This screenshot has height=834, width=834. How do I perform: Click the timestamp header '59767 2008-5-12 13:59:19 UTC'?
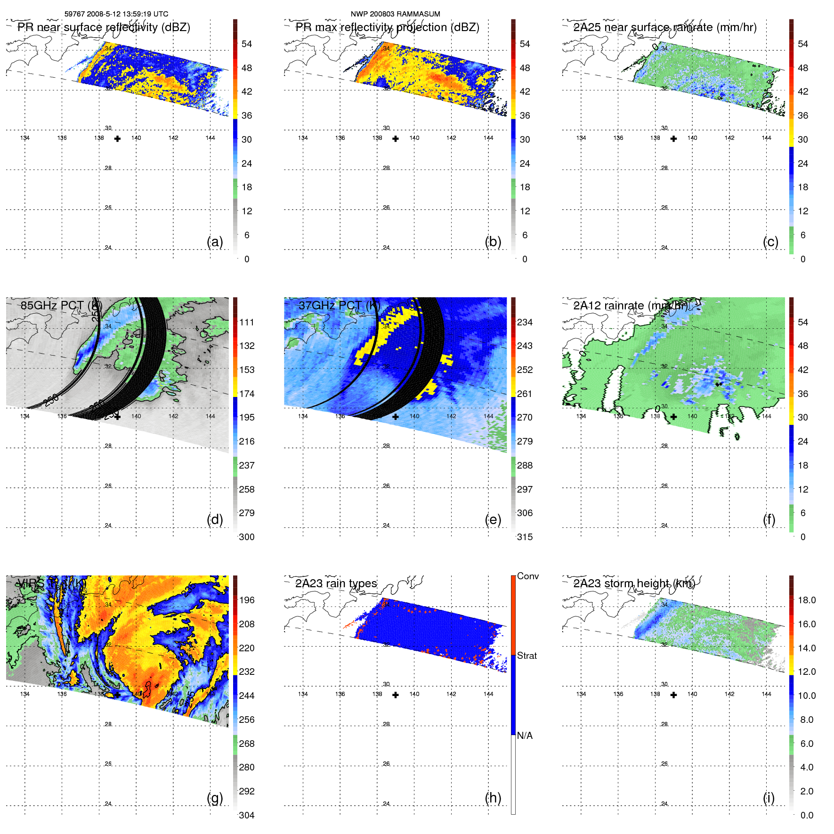116,14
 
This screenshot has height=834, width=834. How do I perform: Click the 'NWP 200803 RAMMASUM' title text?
395,14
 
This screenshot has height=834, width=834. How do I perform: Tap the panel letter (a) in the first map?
215,242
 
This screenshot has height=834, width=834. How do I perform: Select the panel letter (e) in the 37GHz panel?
493,519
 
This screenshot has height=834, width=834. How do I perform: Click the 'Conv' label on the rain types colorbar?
527,576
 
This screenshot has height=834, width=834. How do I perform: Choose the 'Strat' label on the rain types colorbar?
526,656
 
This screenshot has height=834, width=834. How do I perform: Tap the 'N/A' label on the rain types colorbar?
525,736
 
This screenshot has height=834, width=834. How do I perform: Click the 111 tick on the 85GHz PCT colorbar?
247,322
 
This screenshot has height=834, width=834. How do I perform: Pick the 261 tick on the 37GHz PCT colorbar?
525,394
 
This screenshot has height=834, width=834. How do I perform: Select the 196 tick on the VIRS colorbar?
247,600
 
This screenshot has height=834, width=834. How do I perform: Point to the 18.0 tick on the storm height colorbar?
806,600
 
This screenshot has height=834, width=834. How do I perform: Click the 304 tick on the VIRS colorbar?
247,815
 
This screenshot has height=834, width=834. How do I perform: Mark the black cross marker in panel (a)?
117,138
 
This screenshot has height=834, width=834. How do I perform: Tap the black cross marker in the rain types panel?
396,695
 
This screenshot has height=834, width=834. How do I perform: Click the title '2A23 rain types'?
336,583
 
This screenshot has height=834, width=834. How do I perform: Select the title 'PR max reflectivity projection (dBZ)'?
387,27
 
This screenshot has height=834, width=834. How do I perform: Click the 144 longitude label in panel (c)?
766,138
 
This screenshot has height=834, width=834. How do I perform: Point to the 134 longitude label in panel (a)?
25,138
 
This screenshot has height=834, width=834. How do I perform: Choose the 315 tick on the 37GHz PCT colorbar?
525,537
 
